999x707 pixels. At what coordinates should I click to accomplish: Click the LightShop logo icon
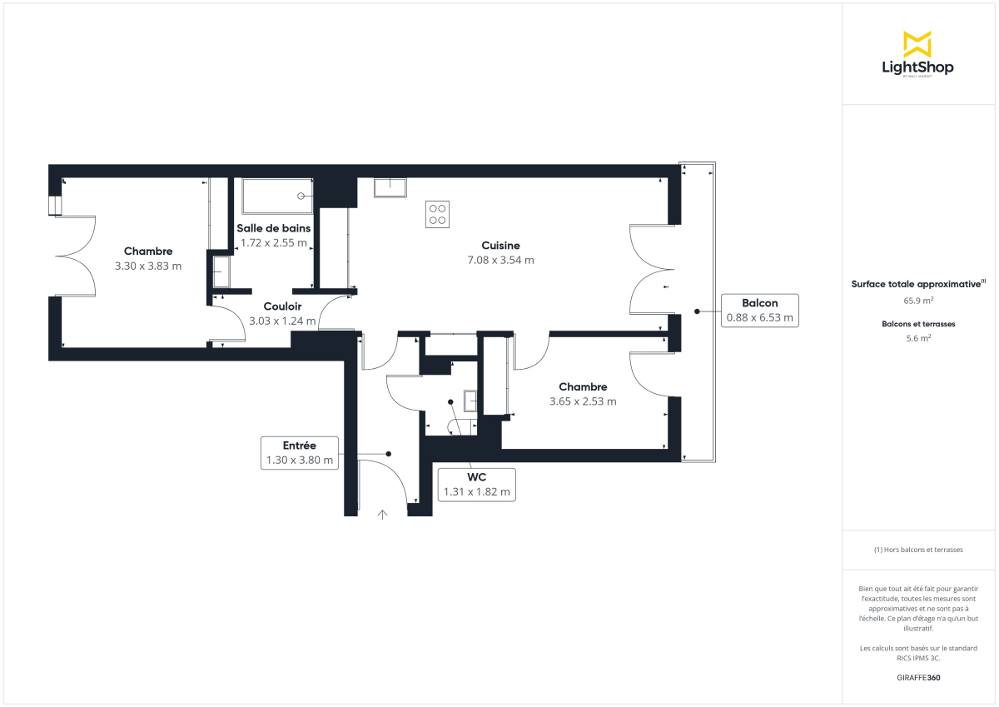click(917, 44)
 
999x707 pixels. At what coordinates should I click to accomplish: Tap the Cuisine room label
click(500, 245)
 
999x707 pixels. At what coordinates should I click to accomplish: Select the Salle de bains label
click(273, 228)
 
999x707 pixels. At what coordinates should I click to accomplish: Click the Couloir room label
click(282, 306)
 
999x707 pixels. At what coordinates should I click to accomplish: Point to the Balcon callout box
click(759, 310)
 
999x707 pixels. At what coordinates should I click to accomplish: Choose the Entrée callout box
click(300, 452)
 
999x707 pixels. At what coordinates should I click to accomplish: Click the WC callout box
click(476, 484)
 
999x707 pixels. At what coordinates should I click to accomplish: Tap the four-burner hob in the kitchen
click(437, 214)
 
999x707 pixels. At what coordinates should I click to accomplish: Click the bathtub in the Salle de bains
click(277, 197)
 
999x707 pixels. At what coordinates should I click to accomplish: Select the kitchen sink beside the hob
click(390, 187)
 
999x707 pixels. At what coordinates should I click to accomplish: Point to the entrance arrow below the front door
click(383, 514)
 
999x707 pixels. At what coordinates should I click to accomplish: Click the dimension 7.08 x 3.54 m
click(500, 260)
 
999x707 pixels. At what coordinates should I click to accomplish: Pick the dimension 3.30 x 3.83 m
click(148, 266)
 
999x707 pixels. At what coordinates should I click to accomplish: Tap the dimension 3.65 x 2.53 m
click(583, 401)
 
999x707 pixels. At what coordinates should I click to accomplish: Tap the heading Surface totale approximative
click(917, 284)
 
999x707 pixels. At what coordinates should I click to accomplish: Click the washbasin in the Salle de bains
click(221, 271)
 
